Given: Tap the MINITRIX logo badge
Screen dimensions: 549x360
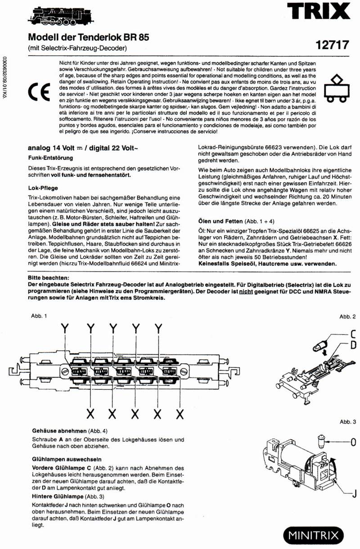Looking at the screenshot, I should pyautogui.click(x=313, y=536).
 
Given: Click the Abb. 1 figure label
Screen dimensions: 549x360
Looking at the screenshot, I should pyautogui.click(x=39, y=317).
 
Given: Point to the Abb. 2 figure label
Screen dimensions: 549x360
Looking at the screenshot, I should pyautogui.click(x=347, y=317).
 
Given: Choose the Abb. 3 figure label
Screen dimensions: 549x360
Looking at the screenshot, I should pyautogui.click(x=347, y=422).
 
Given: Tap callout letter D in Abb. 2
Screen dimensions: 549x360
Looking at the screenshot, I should pyautogui.click(x=353, y=345).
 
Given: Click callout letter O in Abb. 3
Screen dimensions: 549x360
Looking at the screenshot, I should pyautogui.click(x=353, y=442).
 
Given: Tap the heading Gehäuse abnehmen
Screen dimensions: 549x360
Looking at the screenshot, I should pyautogui.click(x=60, y=430).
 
